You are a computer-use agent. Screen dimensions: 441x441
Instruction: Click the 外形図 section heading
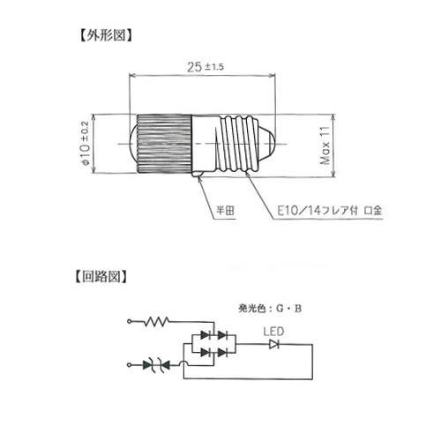coord(106,35)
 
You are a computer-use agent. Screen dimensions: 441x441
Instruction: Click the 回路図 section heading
coord(101,276)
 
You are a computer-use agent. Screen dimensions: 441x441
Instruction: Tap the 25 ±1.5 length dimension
coord(206,67)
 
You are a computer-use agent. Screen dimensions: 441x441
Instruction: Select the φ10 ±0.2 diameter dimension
coord(85,143)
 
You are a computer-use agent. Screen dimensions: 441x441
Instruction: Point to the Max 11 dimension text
coord(325,146)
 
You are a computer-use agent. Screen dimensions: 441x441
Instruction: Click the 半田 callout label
coord(225,211)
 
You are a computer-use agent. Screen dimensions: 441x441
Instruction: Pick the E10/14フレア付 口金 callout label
coord(330,211)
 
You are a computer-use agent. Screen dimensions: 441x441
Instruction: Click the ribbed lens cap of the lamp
coord(161,144)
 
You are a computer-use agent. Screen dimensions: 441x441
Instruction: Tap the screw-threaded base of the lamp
coord(239,144)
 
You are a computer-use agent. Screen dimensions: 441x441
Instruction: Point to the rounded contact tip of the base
coord(267,144)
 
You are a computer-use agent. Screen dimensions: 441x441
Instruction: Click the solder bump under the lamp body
coord(198,175)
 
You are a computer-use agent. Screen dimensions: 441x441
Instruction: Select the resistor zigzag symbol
coord(156,321)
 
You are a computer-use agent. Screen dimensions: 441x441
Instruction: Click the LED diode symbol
coord(274,344)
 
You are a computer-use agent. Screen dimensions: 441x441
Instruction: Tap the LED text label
coord(273,332)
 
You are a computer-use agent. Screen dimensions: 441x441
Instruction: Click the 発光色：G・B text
coord(270,309)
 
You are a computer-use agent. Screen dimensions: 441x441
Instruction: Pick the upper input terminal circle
coord(129,321)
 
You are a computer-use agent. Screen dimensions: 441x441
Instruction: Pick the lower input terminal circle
coord(129,365)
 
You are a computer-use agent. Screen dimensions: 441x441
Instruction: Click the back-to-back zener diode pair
coord(156,365)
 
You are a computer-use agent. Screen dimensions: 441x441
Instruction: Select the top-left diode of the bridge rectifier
coord(206,335)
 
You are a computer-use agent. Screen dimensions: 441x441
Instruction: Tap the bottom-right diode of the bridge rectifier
coord(222,352)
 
